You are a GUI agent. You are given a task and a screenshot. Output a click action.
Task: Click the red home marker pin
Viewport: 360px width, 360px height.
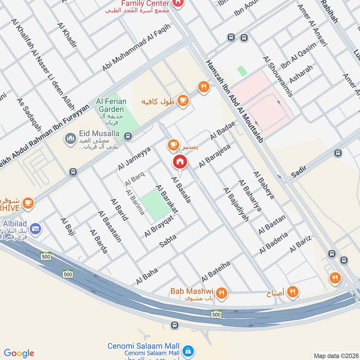tap(180, 162)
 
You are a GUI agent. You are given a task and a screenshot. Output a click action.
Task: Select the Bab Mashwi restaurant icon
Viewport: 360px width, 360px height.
tap(221, 293)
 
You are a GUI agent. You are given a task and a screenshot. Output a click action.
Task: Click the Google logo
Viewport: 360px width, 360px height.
tap(19, 353)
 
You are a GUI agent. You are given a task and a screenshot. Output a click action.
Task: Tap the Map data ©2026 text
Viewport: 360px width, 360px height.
tap(335, 356)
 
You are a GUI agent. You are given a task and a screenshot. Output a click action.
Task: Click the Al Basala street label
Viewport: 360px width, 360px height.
tap(181, 189)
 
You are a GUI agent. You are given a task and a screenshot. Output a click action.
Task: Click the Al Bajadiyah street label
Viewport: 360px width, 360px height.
tap(236, 205)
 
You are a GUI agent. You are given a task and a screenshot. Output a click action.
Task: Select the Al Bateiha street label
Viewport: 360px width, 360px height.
tap(216, 269)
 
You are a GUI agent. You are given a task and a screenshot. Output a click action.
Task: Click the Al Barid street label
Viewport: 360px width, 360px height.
tap(120, 209)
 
